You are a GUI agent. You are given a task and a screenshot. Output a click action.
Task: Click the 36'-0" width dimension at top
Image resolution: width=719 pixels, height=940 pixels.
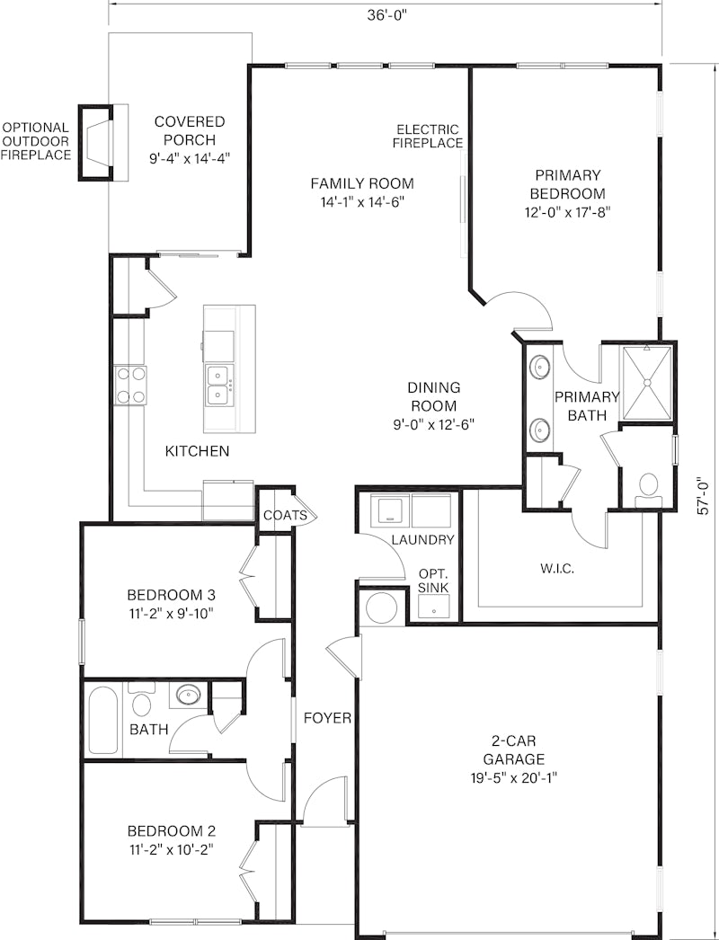coord(386,15)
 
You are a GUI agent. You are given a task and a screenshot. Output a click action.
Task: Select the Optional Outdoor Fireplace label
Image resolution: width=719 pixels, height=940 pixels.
coord(36,141)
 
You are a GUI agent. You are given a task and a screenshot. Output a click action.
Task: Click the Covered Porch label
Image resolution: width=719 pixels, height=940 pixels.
coord(190,130)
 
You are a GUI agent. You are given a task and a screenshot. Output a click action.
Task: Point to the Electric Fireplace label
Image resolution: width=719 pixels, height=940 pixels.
coord(428,136)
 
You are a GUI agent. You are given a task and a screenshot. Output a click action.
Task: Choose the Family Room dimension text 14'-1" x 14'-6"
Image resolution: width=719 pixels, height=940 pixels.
coord(362,202)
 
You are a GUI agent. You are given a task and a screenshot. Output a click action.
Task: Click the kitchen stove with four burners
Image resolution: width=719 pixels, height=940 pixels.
coord(130,385)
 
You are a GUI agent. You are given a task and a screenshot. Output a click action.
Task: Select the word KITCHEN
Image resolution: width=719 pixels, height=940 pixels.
coord(198,451)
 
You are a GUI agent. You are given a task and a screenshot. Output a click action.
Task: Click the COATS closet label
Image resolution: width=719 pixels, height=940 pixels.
coord(286,515)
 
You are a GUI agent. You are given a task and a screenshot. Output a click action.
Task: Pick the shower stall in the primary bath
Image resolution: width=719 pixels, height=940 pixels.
coord(646,383)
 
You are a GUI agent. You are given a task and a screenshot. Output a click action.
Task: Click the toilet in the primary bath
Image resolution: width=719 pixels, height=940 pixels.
coord(649,485)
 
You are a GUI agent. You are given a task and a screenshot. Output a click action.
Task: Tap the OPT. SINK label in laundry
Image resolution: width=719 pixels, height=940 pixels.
coord(433,580)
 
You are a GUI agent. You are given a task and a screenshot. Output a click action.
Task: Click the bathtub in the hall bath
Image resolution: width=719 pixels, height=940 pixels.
coord(103,720)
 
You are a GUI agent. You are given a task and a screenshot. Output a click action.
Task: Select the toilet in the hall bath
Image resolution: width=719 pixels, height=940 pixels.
coord(141,699)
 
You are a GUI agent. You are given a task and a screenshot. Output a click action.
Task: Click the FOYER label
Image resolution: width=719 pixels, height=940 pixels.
coord(327,718)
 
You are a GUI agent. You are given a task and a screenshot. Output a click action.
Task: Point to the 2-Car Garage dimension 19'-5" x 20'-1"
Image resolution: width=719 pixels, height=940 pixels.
coord(514,778)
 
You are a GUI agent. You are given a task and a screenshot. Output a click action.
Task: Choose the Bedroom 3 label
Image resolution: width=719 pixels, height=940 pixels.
coord(172,595)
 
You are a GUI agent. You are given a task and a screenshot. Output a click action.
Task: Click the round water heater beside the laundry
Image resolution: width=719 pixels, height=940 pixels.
coord(381,608)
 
